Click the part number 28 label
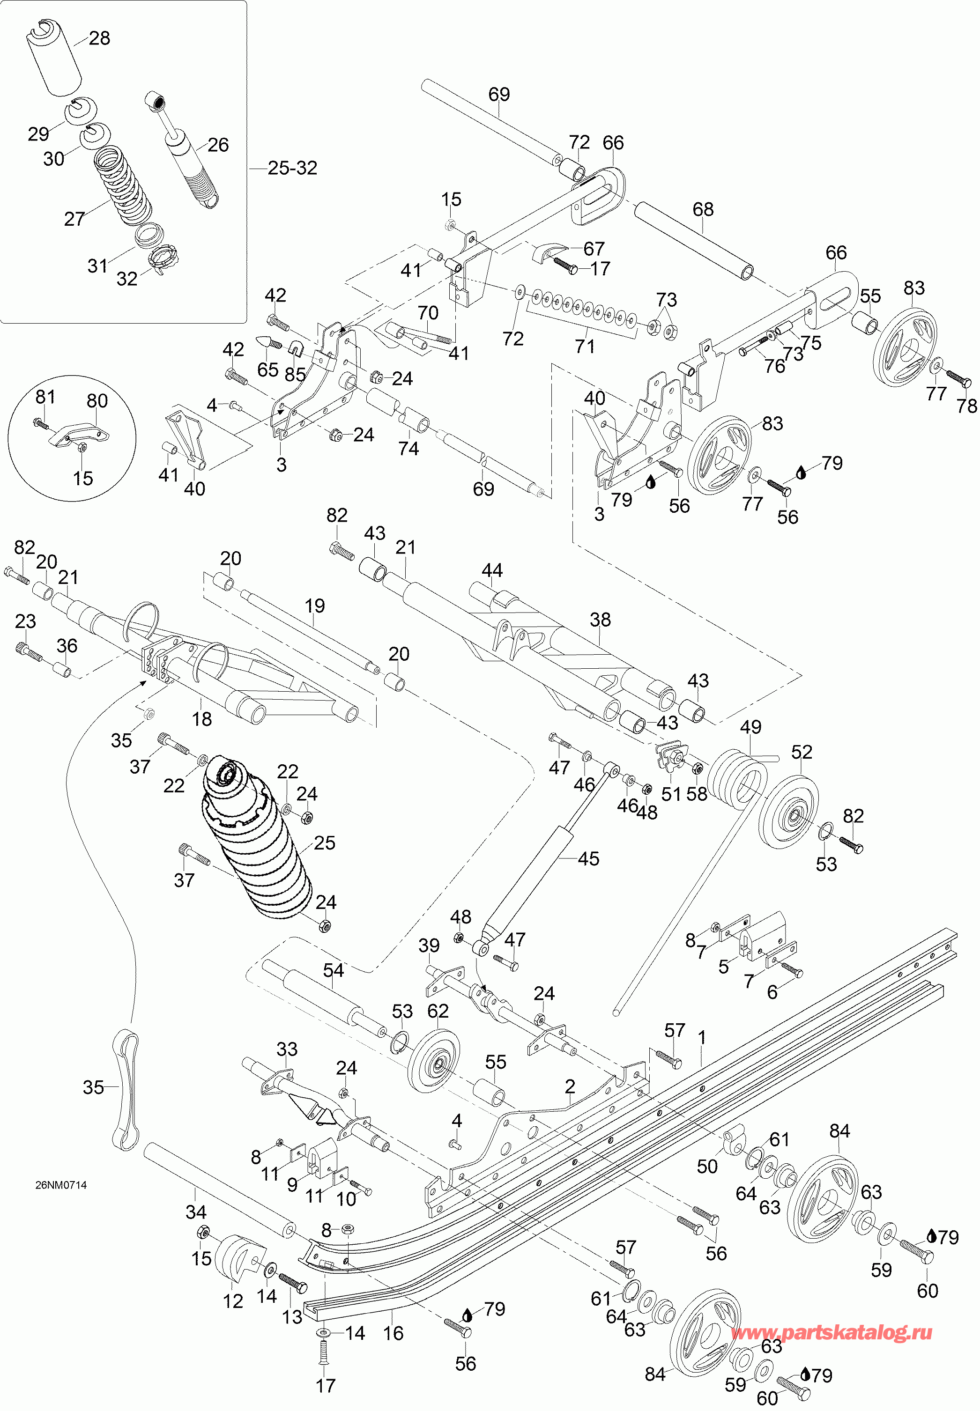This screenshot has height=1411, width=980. click(x=99, y=38)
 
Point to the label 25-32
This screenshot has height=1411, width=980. click(x=292, y=168)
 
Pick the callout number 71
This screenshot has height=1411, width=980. click(x=585, y=346)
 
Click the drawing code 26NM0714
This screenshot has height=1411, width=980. click(x=61, y=1185)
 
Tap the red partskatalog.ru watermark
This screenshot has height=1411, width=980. click(x=832, y=1332)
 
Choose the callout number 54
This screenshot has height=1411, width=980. click(x=334, y=970)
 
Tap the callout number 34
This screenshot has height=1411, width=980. click(x=196, y=1212)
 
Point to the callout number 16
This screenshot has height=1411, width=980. click(x=393, y=1333)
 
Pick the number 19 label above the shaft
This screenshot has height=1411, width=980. click(x=314, y=606)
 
